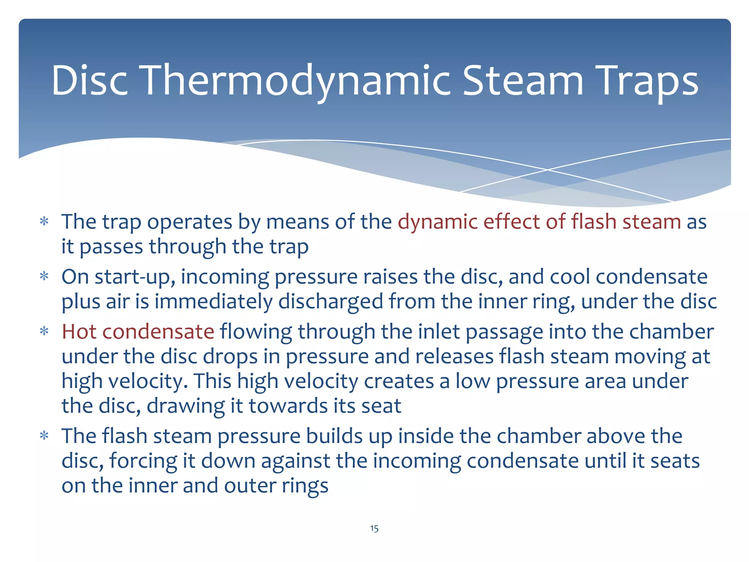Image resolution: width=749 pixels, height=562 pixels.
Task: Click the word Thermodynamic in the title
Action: pos(296,81)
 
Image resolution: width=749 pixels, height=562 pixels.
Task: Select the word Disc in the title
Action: pos(90,81)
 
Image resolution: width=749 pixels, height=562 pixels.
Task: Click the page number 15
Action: pos(374,528)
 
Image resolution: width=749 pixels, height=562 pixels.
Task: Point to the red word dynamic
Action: pos(437,222)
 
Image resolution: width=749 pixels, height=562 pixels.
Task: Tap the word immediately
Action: pos(213,302)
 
